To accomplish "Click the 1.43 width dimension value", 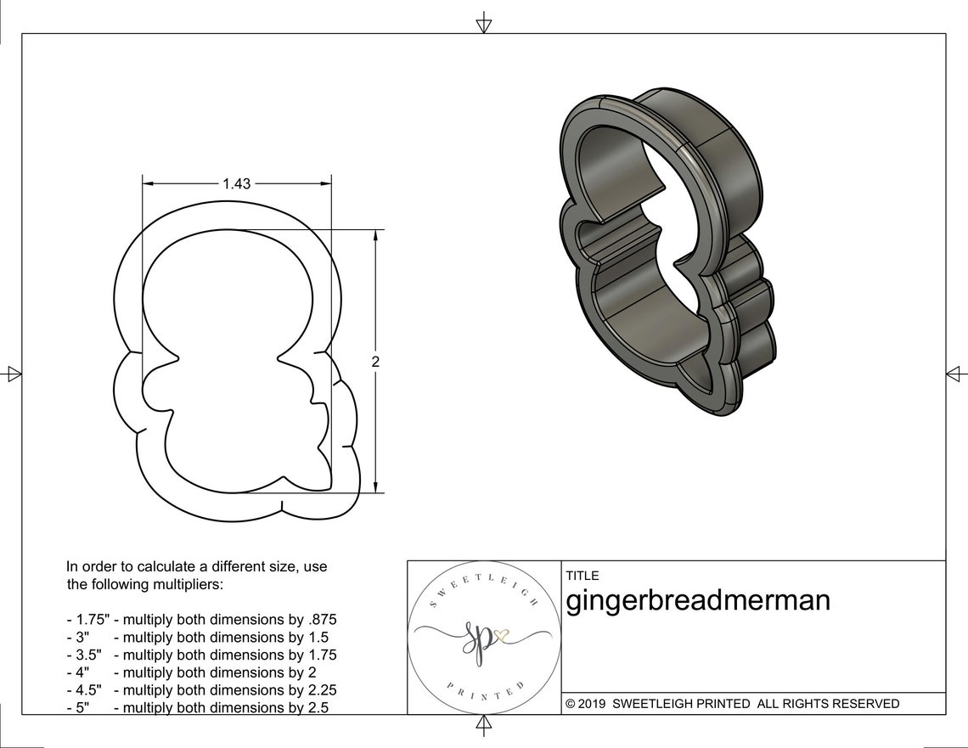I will coord(236,183).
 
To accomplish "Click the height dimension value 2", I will coord(375,361).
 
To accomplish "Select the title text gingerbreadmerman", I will coord(698,600).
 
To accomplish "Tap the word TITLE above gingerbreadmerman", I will coord(582,576).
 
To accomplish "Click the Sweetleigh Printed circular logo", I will coord(483,638).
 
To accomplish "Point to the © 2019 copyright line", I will coord(732,704).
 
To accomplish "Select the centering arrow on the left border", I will coord(13,373).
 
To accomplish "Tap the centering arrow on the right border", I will coord(956,374).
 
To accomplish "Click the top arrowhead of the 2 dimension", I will coord(375,234).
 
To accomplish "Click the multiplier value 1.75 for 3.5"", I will coord(321,655).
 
